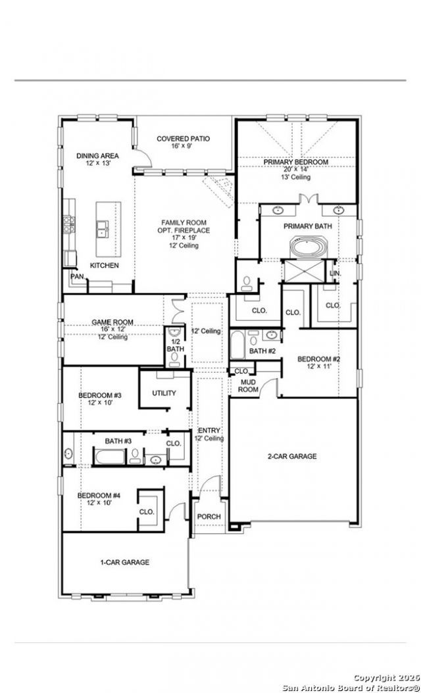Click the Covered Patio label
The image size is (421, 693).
(x=183, y=139)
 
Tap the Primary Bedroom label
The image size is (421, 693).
(x=296, y=162)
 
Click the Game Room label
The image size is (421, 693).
(x=112, y=322)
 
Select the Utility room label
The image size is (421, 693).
(x=164, y=393)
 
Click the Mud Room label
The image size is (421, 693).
(x=249, y=386)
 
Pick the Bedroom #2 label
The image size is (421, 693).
(x=318, y=359)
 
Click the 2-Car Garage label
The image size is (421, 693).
(x=292, y=456)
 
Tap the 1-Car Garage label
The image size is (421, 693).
(x=124, y=563)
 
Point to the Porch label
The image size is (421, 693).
(x=209, y=517)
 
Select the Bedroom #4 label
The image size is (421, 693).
(x=99, y=496)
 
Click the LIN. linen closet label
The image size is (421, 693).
(x=335, y=274)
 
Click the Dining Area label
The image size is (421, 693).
(x=97, y=156)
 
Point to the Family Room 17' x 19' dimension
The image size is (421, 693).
(x=183, y=238)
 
